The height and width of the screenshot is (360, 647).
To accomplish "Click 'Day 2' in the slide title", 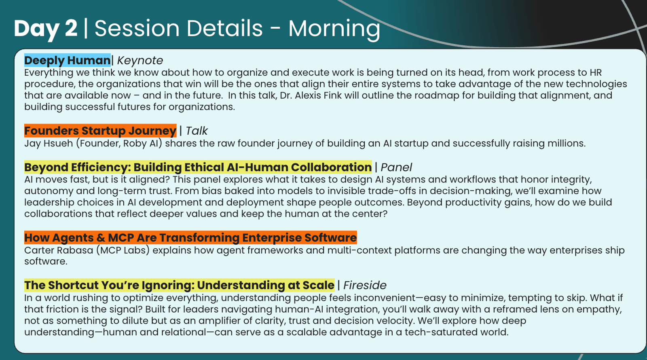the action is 46,29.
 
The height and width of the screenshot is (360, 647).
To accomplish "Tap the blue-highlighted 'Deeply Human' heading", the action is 67,60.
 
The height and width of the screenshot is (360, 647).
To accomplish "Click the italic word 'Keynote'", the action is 140,61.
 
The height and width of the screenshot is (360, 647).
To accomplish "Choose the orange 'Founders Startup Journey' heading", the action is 100,131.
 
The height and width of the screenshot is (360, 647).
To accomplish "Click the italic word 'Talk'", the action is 197,131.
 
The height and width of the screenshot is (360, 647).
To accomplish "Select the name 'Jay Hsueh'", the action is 49,143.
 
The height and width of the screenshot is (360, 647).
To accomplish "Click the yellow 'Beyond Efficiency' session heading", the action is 198,167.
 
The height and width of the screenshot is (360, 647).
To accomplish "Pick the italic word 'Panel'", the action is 396,167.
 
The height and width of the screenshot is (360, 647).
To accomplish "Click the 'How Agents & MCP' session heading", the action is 190,238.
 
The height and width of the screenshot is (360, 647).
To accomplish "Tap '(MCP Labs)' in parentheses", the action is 123,250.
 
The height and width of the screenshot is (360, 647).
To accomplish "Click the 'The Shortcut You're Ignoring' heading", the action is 180,285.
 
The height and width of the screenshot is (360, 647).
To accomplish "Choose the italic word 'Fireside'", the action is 365,285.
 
